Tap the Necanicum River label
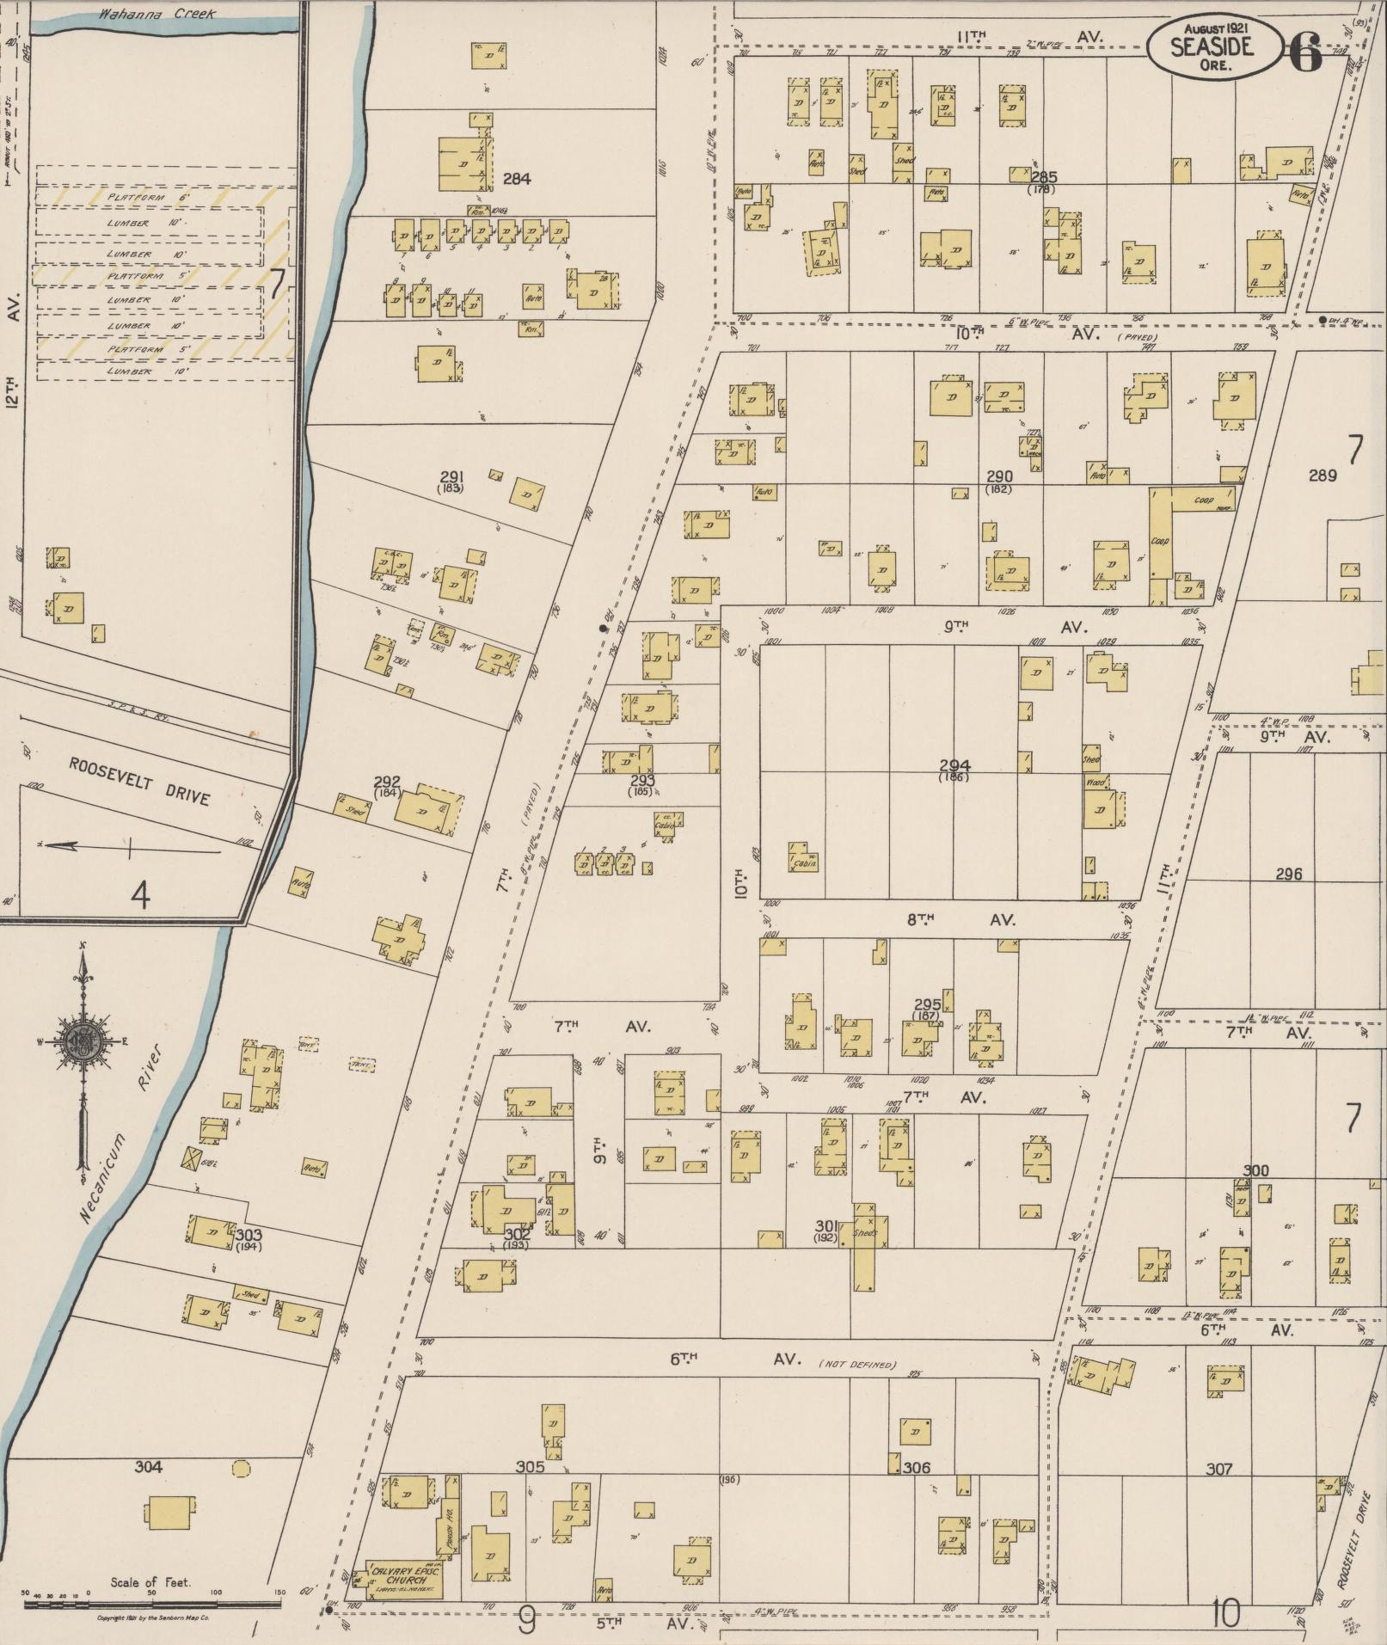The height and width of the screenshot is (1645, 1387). pyautogui.click(x=118, y=1143)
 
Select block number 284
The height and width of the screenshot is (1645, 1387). pyautogui.click(x=516, y=179)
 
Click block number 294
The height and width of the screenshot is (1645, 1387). pyautogui.click(x=954, y=765)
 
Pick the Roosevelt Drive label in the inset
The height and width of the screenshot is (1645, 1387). pyautogui.click(x=139, y=781)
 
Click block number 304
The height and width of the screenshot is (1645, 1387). pyautogui.click(x=148, y=1467)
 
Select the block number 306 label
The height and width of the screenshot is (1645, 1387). pyautogui.click(x=917, y=1468)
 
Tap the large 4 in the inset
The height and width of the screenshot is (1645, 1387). pyautogui.click(x=140, y=896)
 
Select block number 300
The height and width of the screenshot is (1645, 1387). pyautogui.click(x=1255, y=1171)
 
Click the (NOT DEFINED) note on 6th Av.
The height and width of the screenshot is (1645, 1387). pyautogui.click(x=857, y=1365)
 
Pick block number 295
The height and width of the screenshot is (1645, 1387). pyautogui.click(x=927, y=1004)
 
